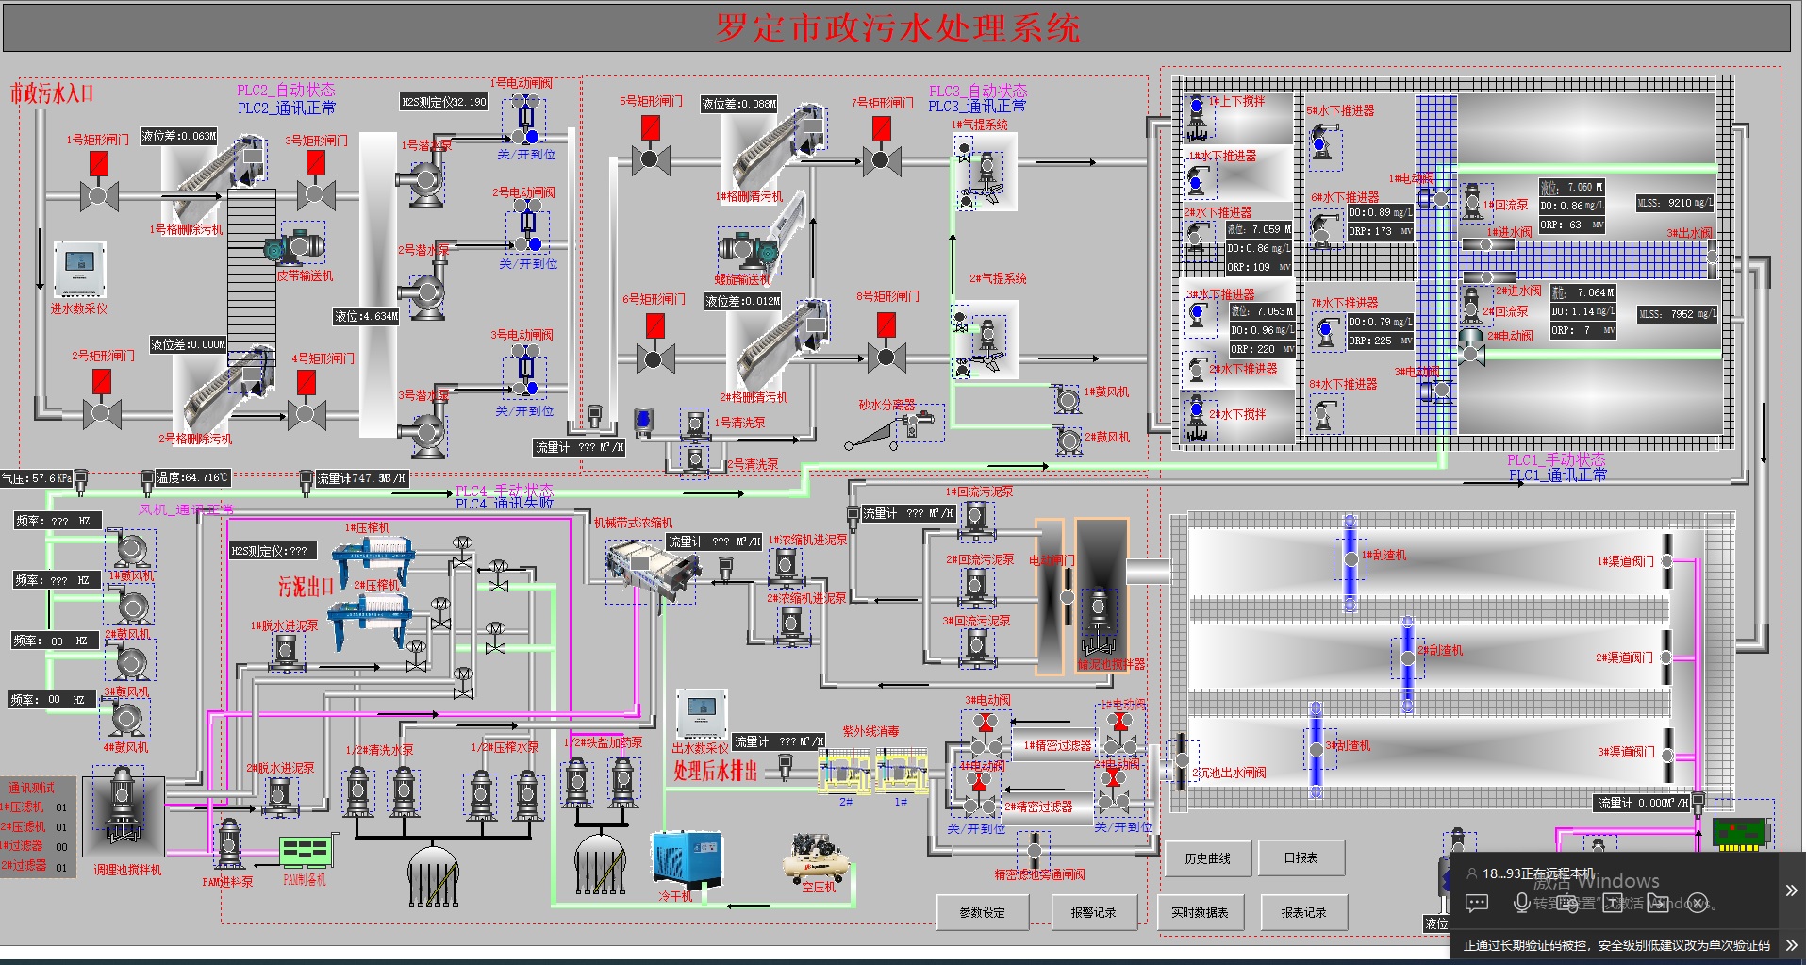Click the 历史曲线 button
1207,858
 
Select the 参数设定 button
982,912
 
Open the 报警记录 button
1093,912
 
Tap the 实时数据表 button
1200,912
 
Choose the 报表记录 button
1303,912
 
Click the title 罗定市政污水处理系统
897,28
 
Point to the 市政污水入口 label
52,93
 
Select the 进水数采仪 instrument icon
79,270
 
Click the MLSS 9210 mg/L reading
1675,203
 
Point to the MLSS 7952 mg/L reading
1676,314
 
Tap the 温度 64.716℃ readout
192,478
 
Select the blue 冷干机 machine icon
687,858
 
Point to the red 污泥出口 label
306,587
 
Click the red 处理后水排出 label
715,771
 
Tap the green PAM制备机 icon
306,852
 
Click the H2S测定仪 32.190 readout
443,102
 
